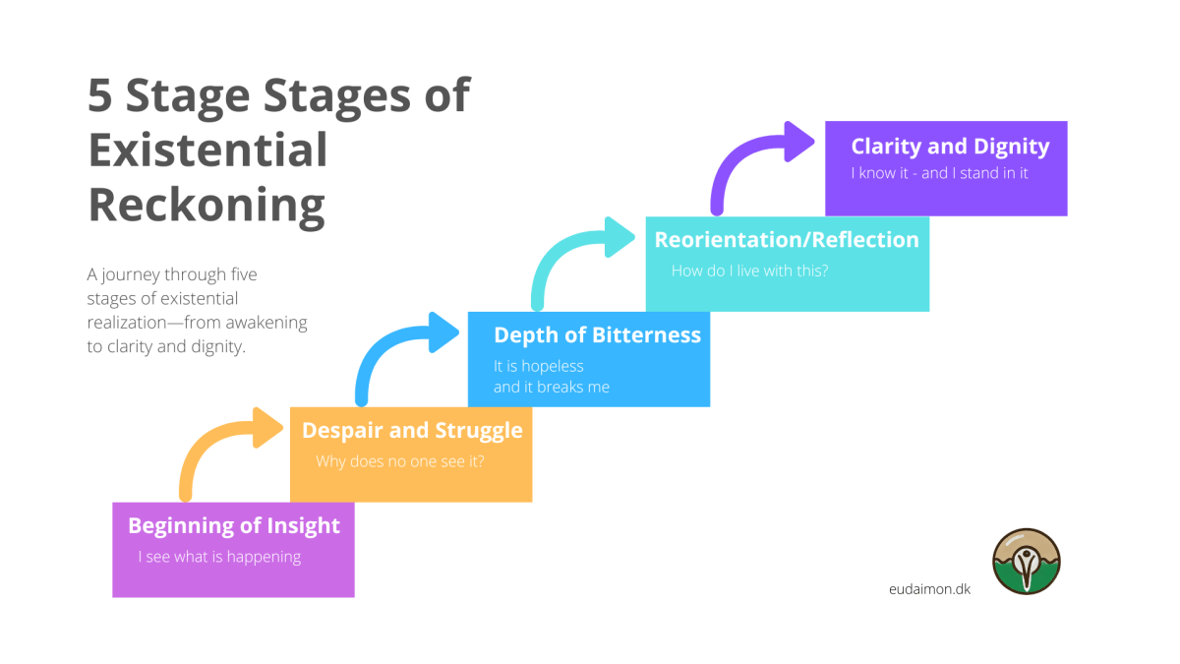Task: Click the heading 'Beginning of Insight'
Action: [234, 525]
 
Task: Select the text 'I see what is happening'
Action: [219, 557]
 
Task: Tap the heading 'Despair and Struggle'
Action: [412, 430]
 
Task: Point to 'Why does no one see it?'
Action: [399, 461]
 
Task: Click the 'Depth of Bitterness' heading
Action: [597, 334]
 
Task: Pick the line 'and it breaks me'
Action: [551, 387]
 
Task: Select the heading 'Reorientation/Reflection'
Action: [787, 239]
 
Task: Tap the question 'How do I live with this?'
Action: [749, 271]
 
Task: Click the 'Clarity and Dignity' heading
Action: [950, 146]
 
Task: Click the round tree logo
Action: [1027, 562]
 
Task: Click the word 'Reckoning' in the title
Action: [206, 206]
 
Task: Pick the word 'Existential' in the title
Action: [207, 151]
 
